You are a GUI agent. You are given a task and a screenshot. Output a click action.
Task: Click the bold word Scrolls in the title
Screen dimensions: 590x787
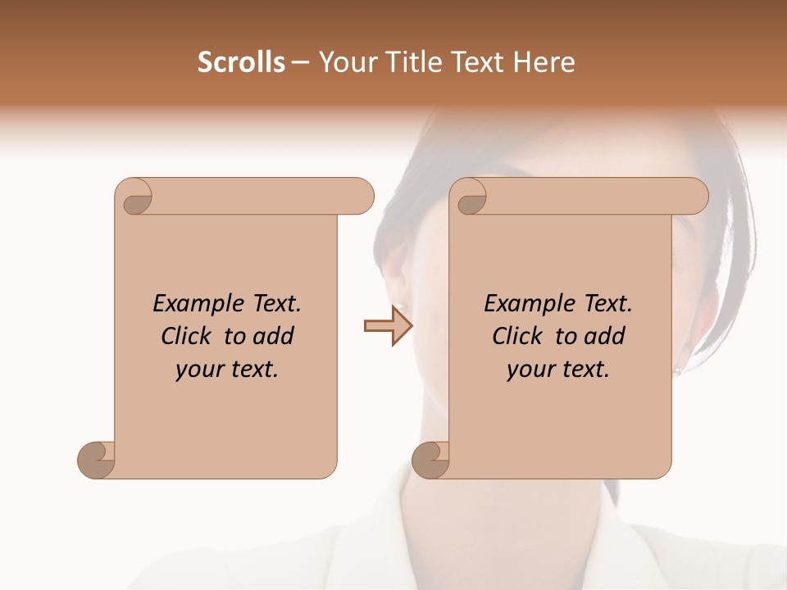pos(241,62)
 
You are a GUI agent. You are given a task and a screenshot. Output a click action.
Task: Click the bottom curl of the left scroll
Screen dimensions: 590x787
pos(96,460)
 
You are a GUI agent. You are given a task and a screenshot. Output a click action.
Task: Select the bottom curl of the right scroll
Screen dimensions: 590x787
pos(430,460)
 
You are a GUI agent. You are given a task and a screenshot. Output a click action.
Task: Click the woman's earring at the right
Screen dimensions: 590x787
pos(678,370)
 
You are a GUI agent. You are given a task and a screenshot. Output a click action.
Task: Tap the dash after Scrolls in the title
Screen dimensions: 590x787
pos(300,62)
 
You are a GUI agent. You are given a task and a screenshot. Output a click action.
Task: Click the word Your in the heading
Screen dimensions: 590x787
pos(343,62)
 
